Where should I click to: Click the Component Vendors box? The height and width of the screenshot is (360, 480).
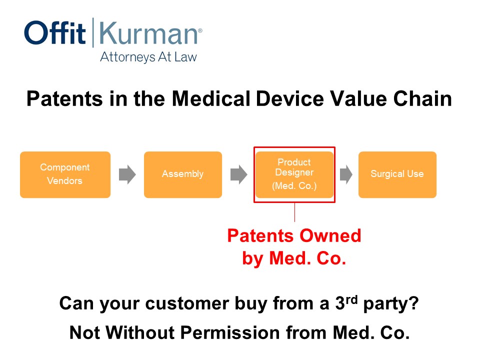point(65,174)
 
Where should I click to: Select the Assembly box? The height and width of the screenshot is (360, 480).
point(183,174)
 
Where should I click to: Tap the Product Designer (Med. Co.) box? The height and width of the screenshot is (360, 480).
point(294,174)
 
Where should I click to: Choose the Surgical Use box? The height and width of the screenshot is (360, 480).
point(397,174)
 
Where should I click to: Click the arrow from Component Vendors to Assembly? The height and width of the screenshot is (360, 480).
point(127,174)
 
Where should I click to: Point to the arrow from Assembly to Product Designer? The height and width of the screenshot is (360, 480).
point(239,174)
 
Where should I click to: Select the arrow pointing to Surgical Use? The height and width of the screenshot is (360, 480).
point(346,174)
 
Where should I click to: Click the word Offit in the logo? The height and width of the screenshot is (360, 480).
point(55,33)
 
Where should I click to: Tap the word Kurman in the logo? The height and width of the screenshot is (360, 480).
point(148,33)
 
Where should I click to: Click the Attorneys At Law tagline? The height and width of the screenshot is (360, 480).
point(148,57)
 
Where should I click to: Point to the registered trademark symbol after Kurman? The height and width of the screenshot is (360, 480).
point(200,30)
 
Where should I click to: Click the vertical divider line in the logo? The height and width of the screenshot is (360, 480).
point(93,32)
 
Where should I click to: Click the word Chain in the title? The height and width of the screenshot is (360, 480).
point(422,98)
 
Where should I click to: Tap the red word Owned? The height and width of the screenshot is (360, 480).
point(330,235)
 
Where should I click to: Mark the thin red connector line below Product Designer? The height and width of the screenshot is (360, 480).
point(294,212)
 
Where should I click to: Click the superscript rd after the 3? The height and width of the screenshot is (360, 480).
point(351,299)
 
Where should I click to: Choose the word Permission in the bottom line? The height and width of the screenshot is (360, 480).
point(230,332)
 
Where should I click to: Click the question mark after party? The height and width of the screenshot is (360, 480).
point(414,303)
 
